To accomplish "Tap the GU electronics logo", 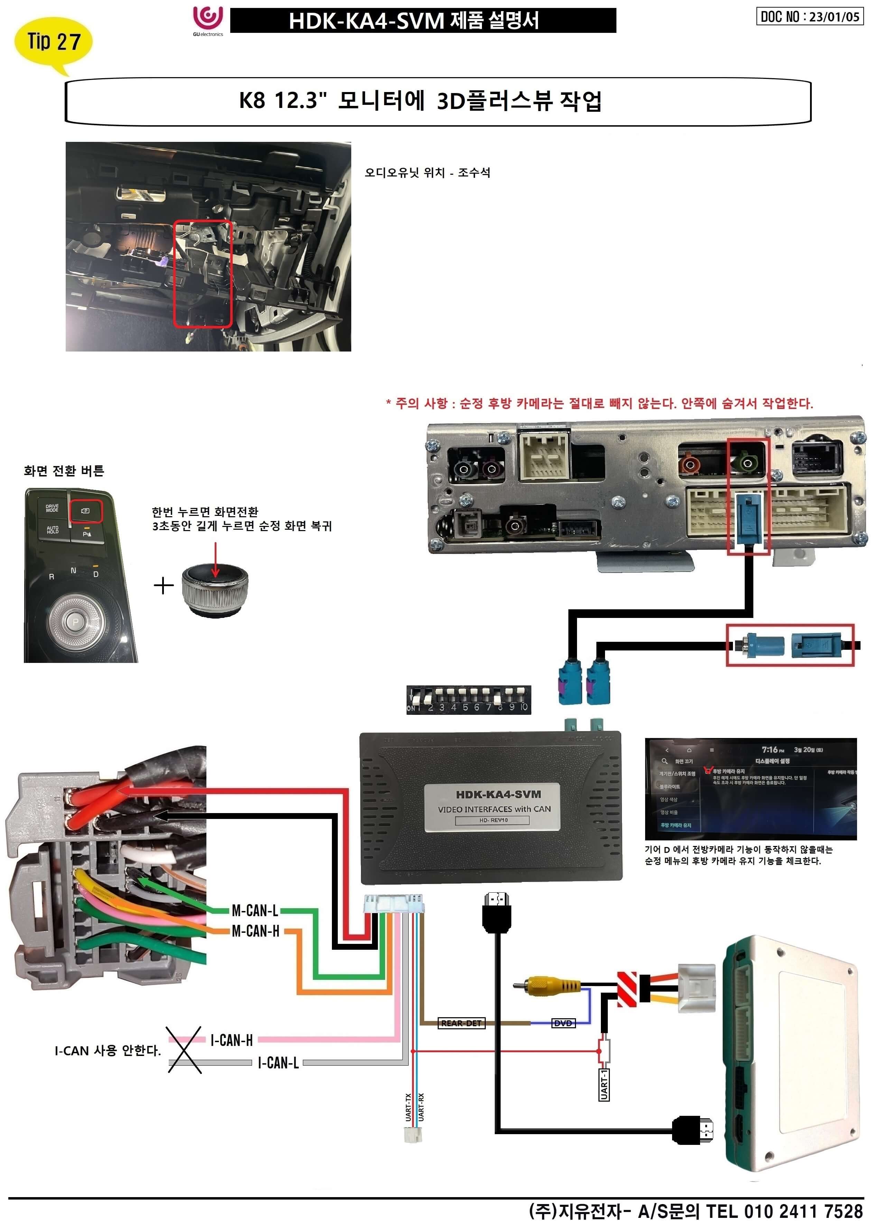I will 208,20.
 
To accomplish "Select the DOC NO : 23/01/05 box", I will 809,16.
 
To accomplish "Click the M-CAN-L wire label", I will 254,911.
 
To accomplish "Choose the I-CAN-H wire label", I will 231,1040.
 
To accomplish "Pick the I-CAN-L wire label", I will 278,1063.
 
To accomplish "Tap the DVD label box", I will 563,1023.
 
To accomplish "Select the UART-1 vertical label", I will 604,1085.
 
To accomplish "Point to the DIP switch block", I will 468,700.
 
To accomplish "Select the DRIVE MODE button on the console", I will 52,508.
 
